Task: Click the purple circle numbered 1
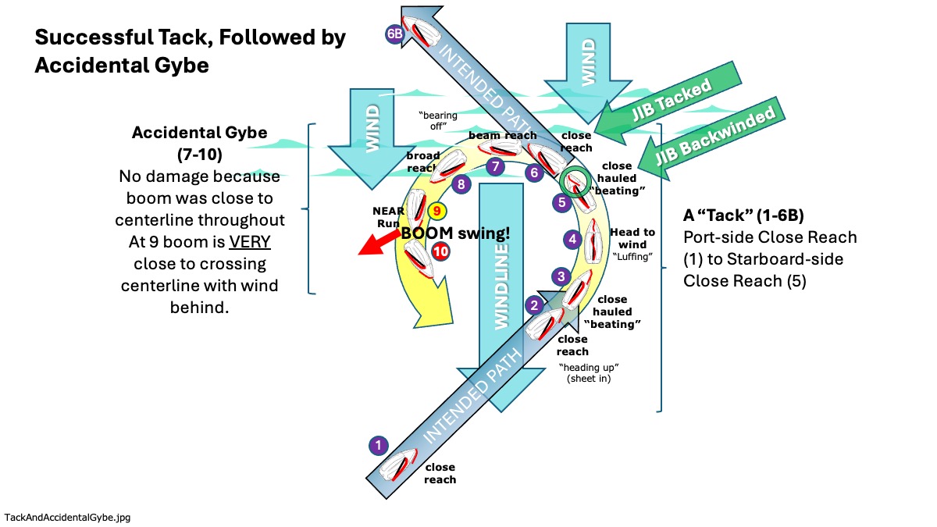[378, 446]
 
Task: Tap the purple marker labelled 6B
[395, 34]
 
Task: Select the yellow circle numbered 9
[437, 211]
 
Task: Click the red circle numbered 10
[441, 252]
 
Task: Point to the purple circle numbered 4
[573, 240]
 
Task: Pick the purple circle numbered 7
[493, 166]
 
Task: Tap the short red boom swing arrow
[378, 242]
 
